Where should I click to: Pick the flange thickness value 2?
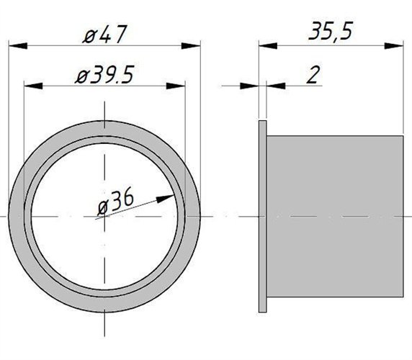click(x=312, y=76)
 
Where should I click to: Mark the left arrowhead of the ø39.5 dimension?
click(x=31, y=86)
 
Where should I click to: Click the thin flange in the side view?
click(x=262, y=216)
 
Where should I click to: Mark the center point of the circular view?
click(x=104, y=216)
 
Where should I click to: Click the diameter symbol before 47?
click(x=90, y=35)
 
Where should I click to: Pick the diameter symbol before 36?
click(x=103, y=207)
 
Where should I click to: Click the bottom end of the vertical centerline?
click(x=104, y=336)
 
